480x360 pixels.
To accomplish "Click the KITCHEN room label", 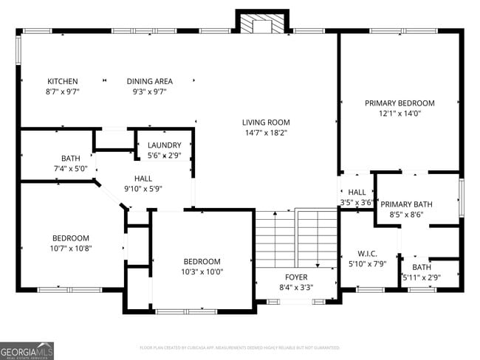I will tap(63, 81).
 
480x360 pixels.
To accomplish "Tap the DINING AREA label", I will tap(149, 81).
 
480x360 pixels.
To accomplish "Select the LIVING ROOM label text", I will tap(266, 122).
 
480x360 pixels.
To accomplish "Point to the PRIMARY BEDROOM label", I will tap(400, 103).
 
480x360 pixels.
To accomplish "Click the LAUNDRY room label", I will tap(164, 145).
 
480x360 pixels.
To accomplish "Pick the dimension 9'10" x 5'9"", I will tap(143, 188).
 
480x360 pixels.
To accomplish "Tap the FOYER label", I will tap(295, 277).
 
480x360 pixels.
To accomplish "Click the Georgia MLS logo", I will tap(27, 350).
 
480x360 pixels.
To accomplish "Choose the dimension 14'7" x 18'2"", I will tap(266, 133).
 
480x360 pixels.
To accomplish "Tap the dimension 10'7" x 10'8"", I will tap(71, 249).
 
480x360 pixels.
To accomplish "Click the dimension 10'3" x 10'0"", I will tap(202, 271).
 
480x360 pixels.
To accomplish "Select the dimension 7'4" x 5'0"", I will tap(71, 168).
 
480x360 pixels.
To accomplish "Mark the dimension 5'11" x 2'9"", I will tap(422, 277).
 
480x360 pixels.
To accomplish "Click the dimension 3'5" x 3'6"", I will tap(356, 202).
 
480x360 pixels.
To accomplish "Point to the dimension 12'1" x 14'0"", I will tap(400, 114).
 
